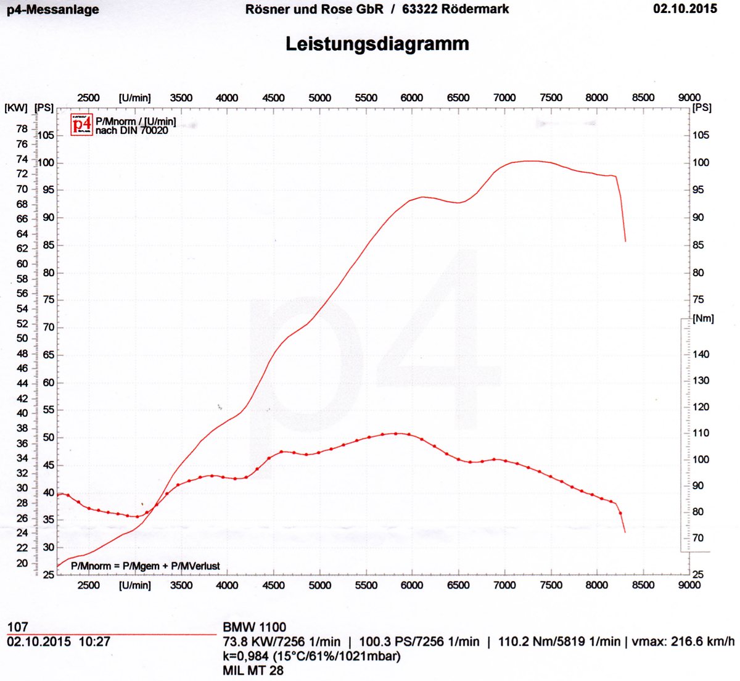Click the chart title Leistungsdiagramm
377,44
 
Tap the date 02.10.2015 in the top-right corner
684,9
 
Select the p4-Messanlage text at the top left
52,10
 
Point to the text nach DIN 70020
131,131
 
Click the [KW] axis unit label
16,108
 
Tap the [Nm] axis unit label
703,318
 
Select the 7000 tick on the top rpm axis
504,97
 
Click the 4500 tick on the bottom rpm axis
273,585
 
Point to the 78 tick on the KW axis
22,129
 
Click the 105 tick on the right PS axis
701,135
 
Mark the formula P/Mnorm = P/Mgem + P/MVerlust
146,566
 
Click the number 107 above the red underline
18,627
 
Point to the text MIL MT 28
253,670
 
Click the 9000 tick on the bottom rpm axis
689,585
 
